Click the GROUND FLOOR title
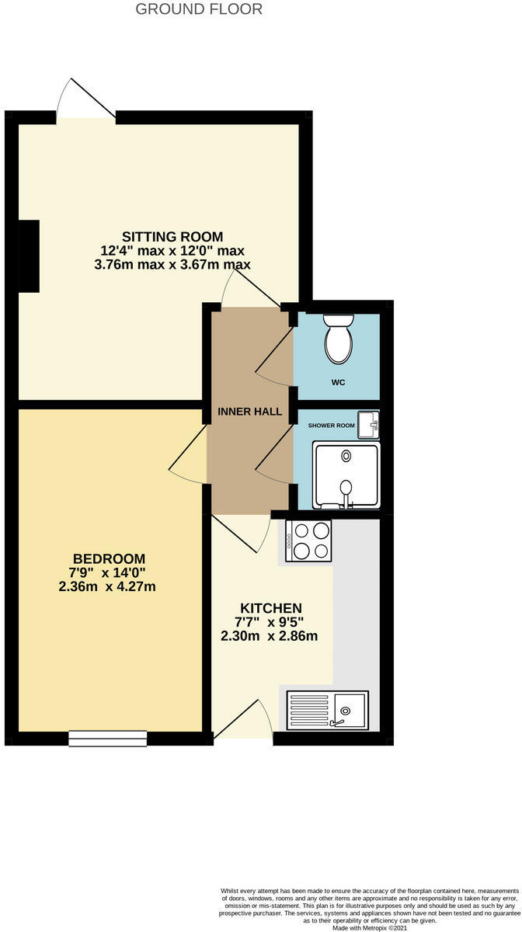199,9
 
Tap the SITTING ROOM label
172,236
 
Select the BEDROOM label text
109,558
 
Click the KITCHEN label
270,607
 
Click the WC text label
338,382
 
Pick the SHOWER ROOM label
332,426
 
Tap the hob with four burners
309,540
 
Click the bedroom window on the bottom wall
107,738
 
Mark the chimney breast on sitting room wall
30,255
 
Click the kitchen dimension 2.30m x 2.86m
270,636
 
